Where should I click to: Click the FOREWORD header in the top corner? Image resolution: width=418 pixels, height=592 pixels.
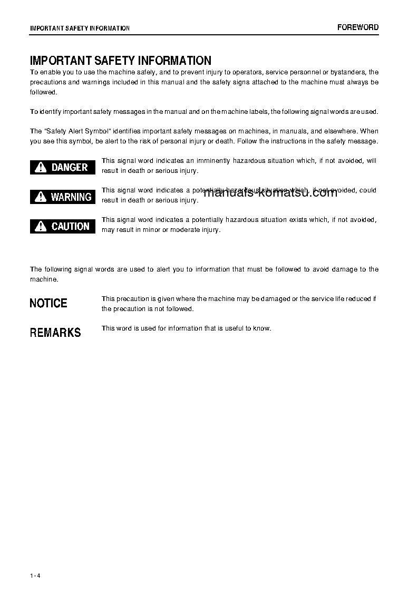pyautogui.click(x=358, y=27)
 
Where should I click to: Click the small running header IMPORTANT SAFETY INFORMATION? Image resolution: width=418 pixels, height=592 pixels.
pyautogui.click(x=80, y=28)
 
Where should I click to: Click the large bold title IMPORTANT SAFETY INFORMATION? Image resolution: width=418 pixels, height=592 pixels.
pyautogui.click(x=121, y=61)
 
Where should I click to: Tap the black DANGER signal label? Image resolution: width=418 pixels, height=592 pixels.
pyautogui.click(x=63, y=167)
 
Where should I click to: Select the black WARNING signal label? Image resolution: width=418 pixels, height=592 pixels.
pyautogui.click(x=63, y=197)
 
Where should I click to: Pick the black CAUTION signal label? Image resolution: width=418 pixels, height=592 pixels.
pyautogui.click(x=63, y=226)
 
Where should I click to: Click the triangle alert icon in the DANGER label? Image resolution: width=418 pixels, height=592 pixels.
pyautogui.click(x=41, y=168)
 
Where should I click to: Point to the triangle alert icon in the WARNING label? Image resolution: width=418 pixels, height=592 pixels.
pyautogui.click(x=41, y=197)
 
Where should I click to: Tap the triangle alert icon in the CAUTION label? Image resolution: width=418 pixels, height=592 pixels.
pyautogui.click(x=41, y=227)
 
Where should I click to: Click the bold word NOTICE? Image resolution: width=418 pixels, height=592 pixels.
pyautogui.click(x=48, y=303)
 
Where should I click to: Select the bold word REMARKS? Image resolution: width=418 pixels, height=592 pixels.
pyautogui.click(x=55, y=333)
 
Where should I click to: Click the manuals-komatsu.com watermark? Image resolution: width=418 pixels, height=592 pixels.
pyautogui.click(x=270, y=192)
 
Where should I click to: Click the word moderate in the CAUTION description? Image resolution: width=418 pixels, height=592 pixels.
pyautogui.click(x=187, y=230)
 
